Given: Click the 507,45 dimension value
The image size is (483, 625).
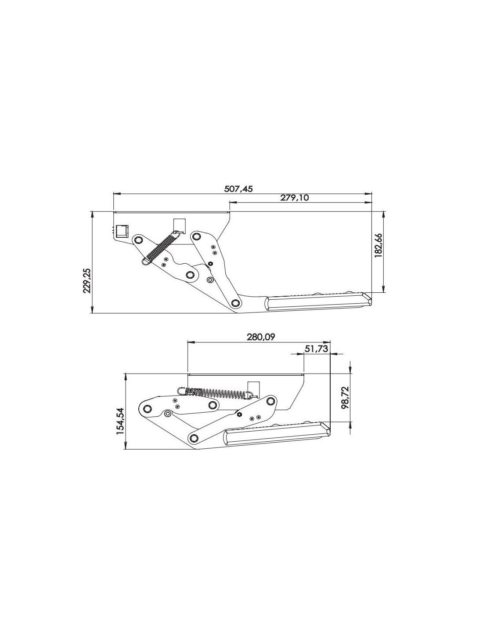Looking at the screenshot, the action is [x=238, y=189].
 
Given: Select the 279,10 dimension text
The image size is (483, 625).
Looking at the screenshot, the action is [x=294, y=198].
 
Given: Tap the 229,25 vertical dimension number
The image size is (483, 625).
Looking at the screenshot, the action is [x=87, y=280].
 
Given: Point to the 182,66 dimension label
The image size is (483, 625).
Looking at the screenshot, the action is [x=378, y=246].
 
